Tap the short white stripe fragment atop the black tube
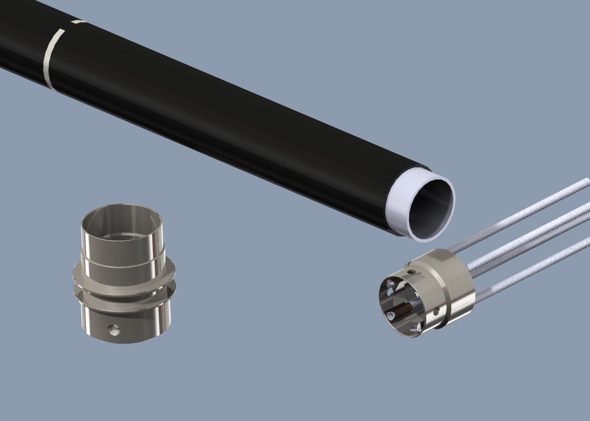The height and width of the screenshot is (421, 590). coord(78,21)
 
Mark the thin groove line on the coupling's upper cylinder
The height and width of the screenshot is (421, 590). coord(122,263)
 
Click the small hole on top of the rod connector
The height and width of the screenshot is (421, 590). coord(412,271)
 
